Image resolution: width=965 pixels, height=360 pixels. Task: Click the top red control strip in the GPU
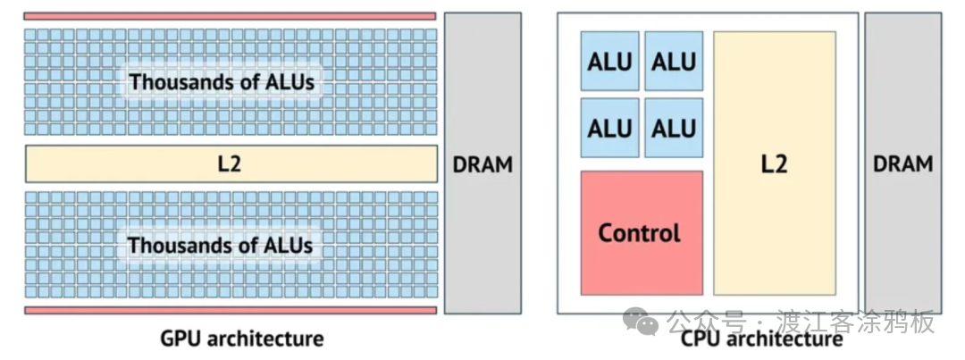[x=230, y=16]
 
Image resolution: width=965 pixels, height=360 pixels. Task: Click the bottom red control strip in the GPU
[x=230, y=310]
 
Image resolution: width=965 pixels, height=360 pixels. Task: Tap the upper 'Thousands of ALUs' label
[x=222, y=82]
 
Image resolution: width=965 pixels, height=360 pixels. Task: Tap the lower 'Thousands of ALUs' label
[x=220, y=245]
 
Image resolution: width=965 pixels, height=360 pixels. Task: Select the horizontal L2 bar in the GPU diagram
[x=231, y=164]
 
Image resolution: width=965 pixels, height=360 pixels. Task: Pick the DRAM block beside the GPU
[x=482, y=163]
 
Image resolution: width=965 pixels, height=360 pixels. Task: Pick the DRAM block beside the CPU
[x=902, y=163]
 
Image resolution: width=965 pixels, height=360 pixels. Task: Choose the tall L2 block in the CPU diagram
[x=774, y=163]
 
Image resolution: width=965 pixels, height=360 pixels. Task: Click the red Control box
[x=641, y=233]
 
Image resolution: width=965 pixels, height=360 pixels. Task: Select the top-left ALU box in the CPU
[x=610, y=61]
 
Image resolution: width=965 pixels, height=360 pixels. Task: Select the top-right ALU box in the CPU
[x=673, y=61]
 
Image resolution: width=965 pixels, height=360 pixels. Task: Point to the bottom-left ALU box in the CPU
[x=610, y=128]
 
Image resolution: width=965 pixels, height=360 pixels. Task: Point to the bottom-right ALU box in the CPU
[x=673, y=128]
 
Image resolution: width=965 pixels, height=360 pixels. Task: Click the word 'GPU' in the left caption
[x=178, y=339]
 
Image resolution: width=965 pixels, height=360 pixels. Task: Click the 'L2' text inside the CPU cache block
[x=774, y=164]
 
